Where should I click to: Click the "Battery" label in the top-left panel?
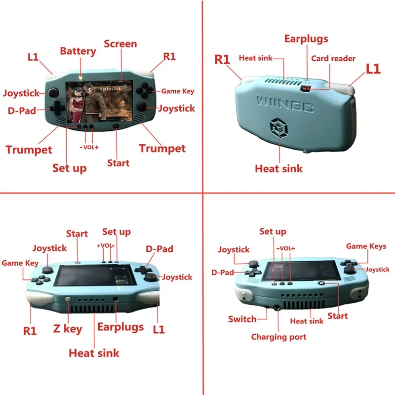(x=78, y=51)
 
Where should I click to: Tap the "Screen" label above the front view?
(x=120, y=44)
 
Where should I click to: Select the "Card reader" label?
(x=333, y=58)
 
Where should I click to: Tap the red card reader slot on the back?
(x=306, y=88)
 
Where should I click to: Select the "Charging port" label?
(x=278, y=337)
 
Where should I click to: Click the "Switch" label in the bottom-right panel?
(x=242, y=319)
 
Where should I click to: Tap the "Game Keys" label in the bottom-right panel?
(x=366, y=246)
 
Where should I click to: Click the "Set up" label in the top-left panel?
(x=69, y=168)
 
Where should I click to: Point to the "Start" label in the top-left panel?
(x=118, y=163)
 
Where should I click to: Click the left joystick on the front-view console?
(x=51, y=92)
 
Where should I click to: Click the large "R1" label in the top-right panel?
(x=222, y=60)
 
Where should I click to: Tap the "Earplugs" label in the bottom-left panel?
(x=120, y=327)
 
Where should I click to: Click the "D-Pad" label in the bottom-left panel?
(x=159, y=249)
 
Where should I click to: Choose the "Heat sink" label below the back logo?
(x=278, y=168)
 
